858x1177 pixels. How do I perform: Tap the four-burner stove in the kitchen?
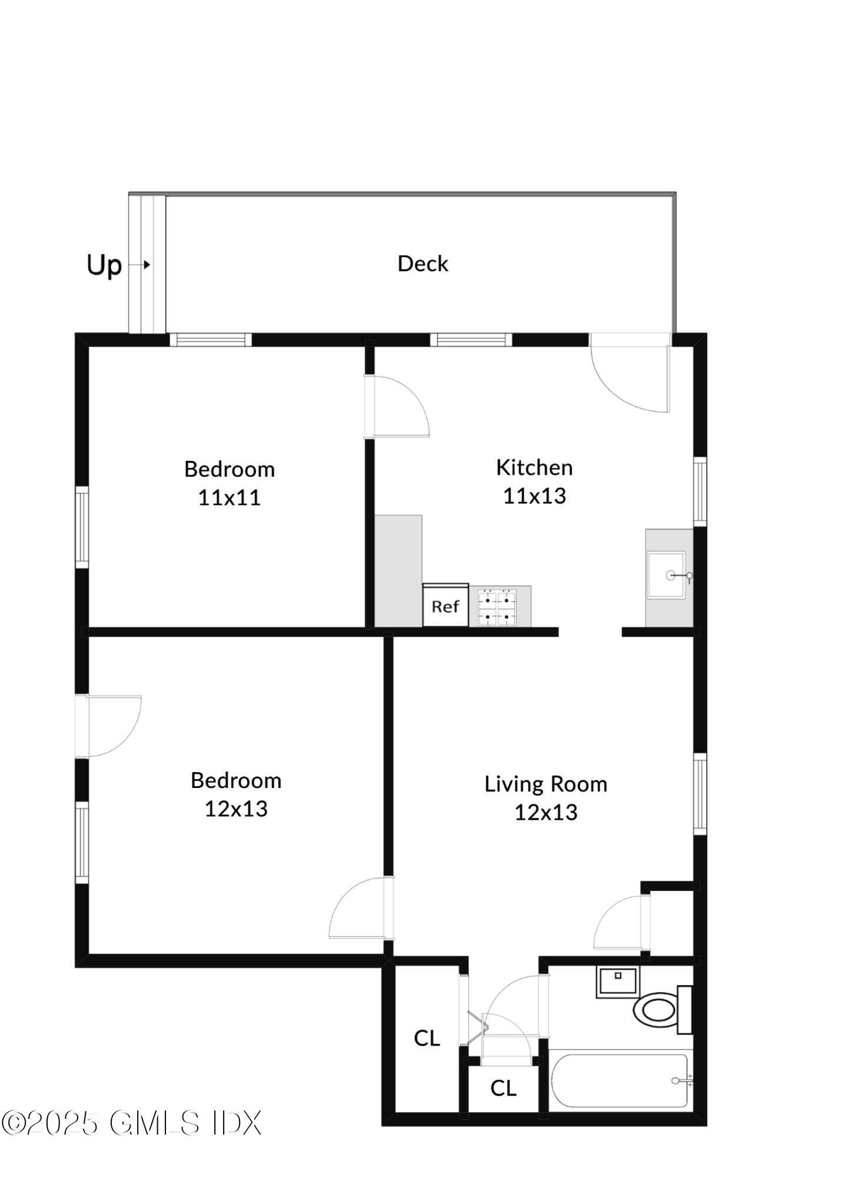(x=497, y=606)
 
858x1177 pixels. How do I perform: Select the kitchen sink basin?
(x=666, y=575)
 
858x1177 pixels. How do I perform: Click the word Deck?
(x=423, y=264)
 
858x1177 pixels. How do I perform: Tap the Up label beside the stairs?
(x=104, y=265)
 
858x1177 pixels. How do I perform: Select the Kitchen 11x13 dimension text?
(x=534, y=496)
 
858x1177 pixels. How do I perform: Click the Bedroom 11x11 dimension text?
(x=229, y=498)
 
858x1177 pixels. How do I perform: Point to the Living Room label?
(x=546, y=784)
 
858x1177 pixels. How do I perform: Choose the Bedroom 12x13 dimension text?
(x=236, y=809)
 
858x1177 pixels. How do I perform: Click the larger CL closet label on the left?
(x=427, y=1038)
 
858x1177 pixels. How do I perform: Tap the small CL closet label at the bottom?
(x=503, y=1088)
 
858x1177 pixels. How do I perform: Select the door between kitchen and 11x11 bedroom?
(x=395, y=407)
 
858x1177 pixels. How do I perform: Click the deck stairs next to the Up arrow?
(x=147, y=265)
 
